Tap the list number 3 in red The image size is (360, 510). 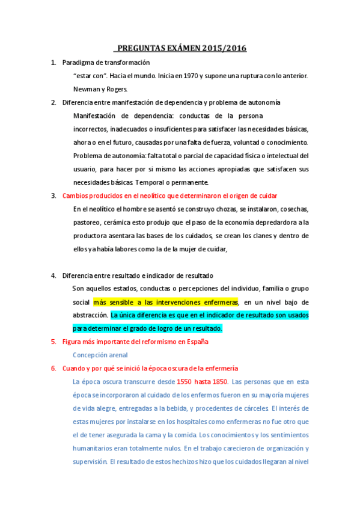click(53, 195)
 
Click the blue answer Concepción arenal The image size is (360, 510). click(100, 355)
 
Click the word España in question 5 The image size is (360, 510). click(197, 342)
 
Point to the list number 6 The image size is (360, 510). click(53, 368)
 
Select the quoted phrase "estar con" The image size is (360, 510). click(87, 76)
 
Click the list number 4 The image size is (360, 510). click(53, 275)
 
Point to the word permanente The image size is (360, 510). click(189, 182)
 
